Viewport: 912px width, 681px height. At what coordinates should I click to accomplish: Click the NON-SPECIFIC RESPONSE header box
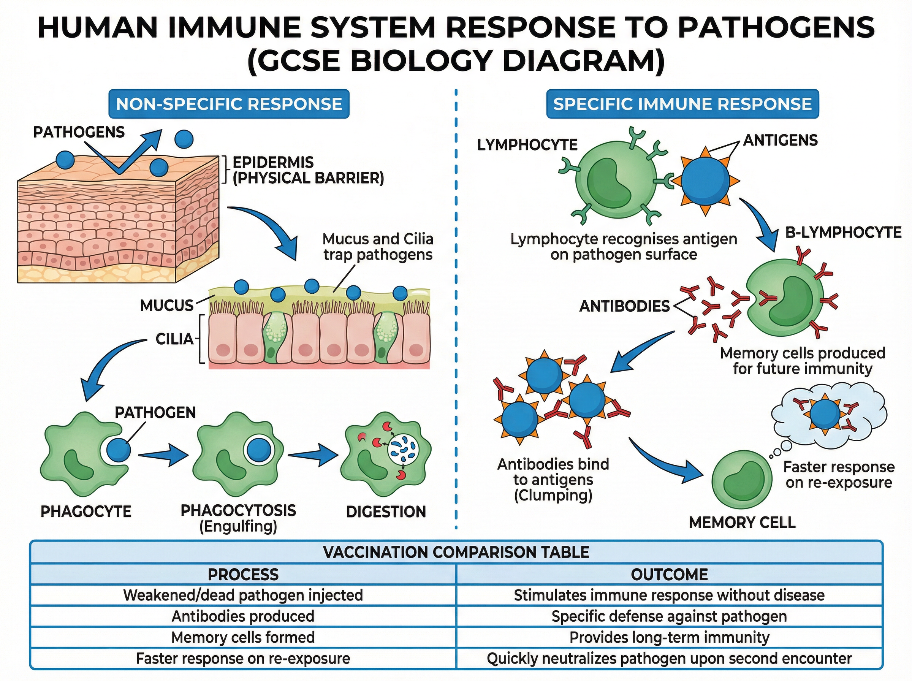[x=229, y=104]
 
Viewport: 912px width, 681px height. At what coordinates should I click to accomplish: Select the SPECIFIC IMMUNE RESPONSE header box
[x=682, y=104]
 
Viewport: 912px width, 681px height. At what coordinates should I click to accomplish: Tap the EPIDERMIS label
[x=273, y=162]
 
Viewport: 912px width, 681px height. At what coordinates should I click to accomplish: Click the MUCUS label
[x=166, y=306]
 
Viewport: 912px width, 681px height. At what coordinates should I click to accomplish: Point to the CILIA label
[x=174, y=339]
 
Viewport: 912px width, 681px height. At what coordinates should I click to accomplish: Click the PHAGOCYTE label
[x=86, y=512]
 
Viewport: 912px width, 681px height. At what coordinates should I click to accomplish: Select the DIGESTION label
[x=386, y=512]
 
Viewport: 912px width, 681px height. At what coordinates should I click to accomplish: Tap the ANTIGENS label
[x=780, y=140]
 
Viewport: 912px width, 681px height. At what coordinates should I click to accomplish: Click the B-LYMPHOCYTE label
[x=843, y=233]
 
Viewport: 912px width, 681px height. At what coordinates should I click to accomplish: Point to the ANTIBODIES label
[x=624, y=306]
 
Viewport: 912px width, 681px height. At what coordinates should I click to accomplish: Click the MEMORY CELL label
[x=742, y=523]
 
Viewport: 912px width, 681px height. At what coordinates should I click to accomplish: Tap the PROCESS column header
[x=243, y=575]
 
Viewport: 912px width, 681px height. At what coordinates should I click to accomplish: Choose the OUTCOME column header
[x=669, y=575]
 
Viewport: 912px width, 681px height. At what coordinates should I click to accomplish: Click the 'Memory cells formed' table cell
[x=243, y=637]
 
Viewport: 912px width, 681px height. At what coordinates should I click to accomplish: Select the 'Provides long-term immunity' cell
[x=669, y=637]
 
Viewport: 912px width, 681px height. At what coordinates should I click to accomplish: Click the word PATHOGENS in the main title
[x=776, y=28]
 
